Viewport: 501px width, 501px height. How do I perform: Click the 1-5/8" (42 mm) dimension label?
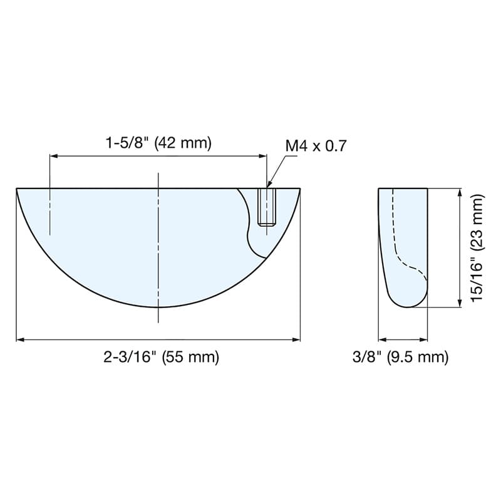[x=159, y=143]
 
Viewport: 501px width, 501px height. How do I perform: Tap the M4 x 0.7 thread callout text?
[x=316, y=147]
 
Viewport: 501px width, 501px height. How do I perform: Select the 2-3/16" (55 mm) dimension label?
[x=162, y=356]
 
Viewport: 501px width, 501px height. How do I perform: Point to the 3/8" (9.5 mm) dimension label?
[x=401, y=356]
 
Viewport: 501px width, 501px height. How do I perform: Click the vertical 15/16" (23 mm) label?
[x=477, y=248]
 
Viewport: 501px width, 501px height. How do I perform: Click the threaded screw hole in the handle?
[x=267, y=207]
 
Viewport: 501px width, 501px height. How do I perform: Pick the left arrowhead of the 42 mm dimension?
[x=53, y=156]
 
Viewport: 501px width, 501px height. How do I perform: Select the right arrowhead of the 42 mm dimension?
[x=262, y=156]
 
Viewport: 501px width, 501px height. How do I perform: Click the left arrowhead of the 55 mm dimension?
[x=20, y=339]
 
